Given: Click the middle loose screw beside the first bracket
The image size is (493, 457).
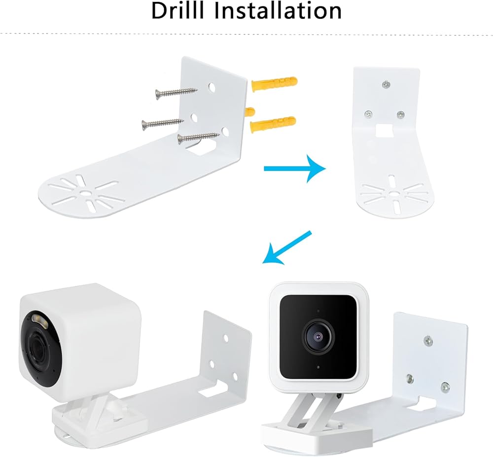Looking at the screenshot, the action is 163,122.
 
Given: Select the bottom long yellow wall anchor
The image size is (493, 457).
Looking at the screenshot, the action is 273,124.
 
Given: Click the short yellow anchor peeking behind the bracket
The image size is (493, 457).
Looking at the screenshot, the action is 250,110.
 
